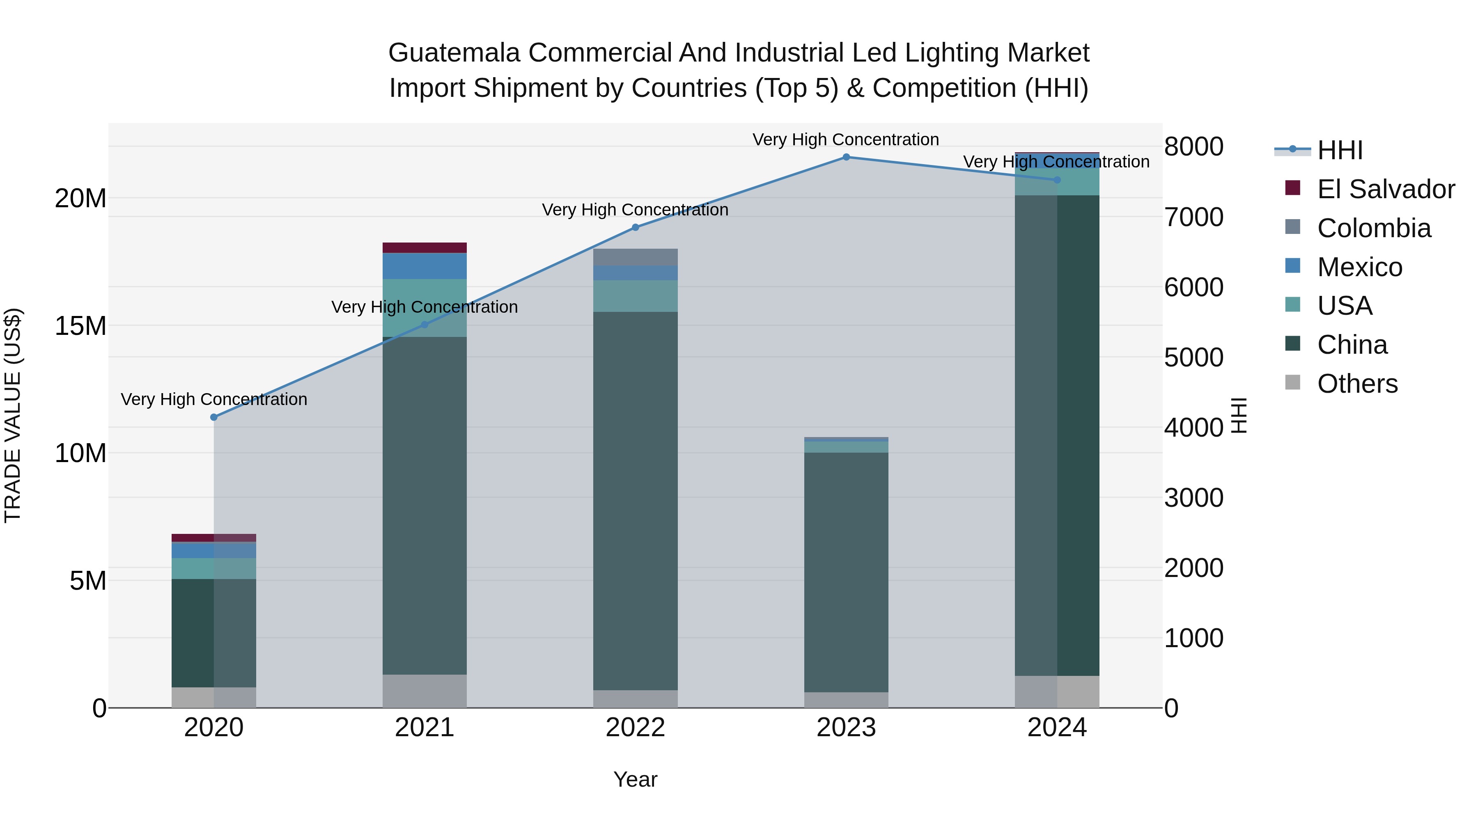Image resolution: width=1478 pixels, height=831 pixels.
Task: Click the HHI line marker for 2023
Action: click(x=846, y=157)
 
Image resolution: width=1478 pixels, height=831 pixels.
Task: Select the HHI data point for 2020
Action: click(x=214, y=417)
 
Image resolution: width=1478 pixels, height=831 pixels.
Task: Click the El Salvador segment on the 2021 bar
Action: click(x=425, y=248)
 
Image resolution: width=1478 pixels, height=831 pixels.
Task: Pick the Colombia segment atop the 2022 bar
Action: click(x=635, y=257)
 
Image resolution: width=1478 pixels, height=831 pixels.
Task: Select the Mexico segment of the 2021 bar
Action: click(x=425, y=266)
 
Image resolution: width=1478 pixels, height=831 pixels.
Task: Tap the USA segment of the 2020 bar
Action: click(x=214, y=568)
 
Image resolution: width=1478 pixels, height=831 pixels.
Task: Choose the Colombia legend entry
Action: click(x=1374, y=228)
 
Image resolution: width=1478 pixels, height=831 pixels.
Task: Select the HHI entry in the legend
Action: click(x=1339, y=150)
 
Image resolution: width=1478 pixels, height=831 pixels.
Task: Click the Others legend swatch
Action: click(x=1293, y=382)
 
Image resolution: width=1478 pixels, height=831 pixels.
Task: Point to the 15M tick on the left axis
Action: click(x=80, y=326)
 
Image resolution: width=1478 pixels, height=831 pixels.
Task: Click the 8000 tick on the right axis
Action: click(x=1194, y=147)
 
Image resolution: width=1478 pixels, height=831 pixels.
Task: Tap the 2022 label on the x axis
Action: click(x=635, y=728)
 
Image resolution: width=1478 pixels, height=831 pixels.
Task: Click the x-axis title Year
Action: click(x=635, y=779)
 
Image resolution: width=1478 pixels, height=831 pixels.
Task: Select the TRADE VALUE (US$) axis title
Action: click(x=13, y=415)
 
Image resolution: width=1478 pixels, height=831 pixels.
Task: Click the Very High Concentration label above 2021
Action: click(x=425, y=307)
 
